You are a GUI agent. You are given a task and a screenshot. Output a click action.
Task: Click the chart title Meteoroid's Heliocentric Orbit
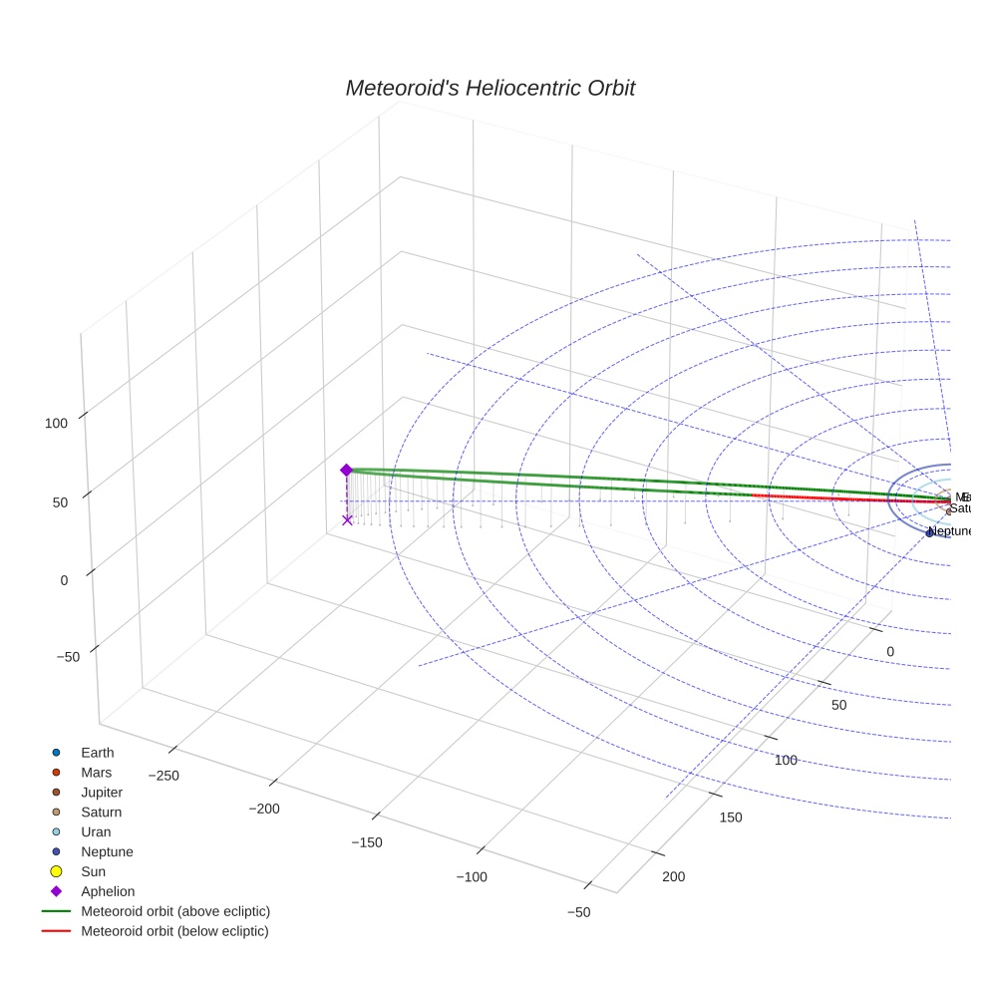coord(490,89)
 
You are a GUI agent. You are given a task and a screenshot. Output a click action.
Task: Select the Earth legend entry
coord(97,753)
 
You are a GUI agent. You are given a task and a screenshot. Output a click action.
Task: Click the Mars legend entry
coord(96,773)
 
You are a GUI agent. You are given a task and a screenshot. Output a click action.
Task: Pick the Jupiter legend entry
coord(101,793)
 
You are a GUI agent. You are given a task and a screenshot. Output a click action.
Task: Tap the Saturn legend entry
coord(101,813)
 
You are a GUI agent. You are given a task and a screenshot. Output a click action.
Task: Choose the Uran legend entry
coord(96,831)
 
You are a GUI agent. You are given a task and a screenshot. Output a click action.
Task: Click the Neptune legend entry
coord(106,851)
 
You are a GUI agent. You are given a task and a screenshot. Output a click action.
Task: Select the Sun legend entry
coord(93,871)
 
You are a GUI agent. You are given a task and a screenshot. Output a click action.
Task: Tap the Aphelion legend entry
coord(107,891)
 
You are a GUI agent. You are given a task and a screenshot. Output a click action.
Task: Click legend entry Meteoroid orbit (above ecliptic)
coord(174,911)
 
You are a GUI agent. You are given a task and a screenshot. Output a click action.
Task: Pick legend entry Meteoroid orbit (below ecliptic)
coord(174,931)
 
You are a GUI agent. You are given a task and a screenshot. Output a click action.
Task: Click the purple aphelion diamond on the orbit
coord(346,470)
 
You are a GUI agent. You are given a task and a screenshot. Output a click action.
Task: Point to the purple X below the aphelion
coord(347,519)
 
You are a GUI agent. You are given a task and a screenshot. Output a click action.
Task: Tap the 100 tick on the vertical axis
coord(56,423)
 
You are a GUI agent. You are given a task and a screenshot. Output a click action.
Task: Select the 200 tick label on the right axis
coord(673,876)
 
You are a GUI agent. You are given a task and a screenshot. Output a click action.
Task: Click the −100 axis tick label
coord(472,876)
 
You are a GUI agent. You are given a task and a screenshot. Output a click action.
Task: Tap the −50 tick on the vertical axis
coord(68,657)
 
